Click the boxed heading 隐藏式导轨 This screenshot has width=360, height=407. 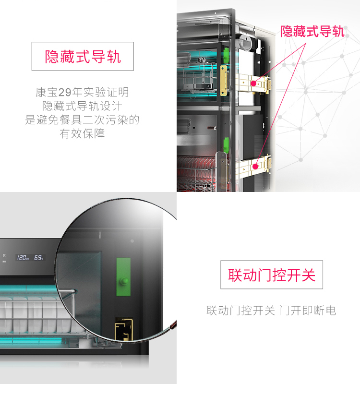pyautogui.click(x=83, y=57)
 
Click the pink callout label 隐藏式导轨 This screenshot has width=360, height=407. pyautogui.click(x=312, y=31)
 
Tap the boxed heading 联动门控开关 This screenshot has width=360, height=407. pyautogui.click(x=272, y=275)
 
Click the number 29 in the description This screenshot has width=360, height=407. pyautogui.click(x=65, y=92)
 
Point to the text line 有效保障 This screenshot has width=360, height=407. pyautogui.click(x=82, y=134)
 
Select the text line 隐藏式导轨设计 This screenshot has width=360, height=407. pyautogui.click(x=82, y=106)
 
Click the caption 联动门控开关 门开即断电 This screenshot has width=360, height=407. pyautogui.click(x=272, y=311)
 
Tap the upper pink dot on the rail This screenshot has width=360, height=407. pyautogui.click(x=253, y=84)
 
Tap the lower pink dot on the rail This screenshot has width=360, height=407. pyautogui.click(x=255, y=167)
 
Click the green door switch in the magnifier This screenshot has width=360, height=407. pyautogui.click(x=123, y=277)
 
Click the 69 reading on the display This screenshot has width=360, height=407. pyautogui.click(x=38, y=257)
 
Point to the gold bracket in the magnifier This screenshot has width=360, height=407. pyautogui.click(x=124, y=329)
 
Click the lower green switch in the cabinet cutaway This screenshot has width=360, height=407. pyautogui.click(x=227, y=145)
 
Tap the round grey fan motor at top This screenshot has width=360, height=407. pyautogui.click(x=245, y=42)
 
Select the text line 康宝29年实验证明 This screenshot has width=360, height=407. pyautogui.click(x=82, y=92)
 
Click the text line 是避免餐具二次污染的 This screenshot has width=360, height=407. pyautogui.click(x=82, y=120)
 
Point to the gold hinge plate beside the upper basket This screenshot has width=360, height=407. pyautogui.click(x=223, y=81)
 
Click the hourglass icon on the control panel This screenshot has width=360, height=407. pyautogui.click(x=4, y=256)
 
